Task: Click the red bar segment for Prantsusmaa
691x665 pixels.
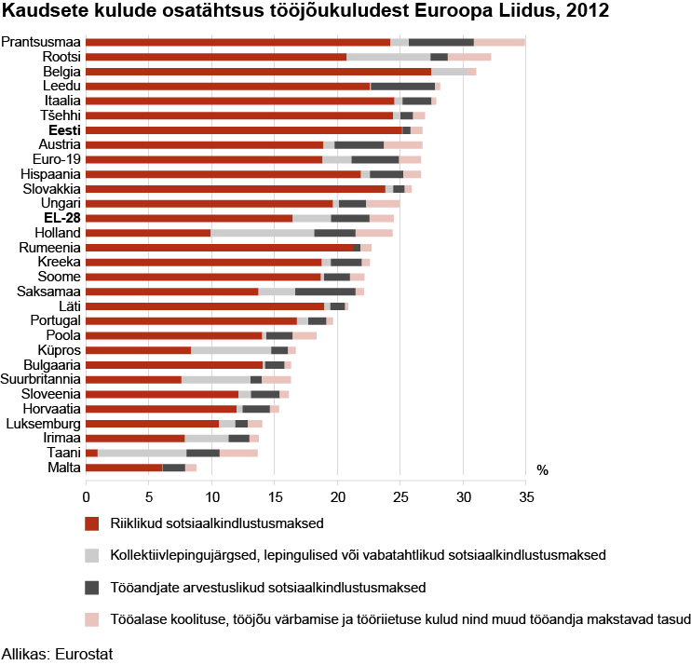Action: [x=237, y=43]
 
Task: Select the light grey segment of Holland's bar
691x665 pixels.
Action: [x=263, y=233]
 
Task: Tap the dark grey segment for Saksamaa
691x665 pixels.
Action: [x=325, y=292]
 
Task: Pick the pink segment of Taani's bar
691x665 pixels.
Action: [x=238, y=453]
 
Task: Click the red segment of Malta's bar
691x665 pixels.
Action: [x=124, y=468]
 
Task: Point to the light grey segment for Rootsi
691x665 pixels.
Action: [x=388, y=58]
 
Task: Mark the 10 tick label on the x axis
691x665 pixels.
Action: [x=211, y=497]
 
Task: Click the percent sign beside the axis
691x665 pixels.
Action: [x=542, y=471]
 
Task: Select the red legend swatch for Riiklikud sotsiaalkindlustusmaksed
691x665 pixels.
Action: [x=91, y=523]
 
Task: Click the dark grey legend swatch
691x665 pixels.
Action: [x=91, y=588]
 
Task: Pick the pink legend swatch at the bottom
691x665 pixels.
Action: [x=91, y=619]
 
